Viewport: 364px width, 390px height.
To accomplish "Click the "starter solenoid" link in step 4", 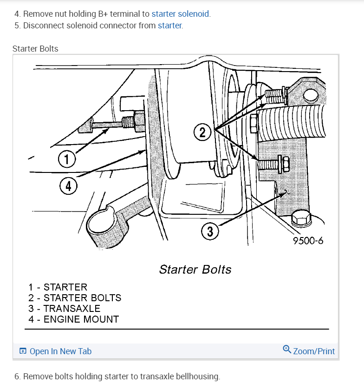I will (181, 14).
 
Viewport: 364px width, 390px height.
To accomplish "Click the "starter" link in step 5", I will (169, 26).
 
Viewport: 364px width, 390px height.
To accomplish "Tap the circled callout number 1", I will (67, 160).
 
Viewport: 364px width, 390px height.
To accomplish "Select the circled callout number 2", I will (202, 132).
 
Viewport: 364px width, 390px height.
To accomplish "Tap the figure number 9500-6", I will (308, 241).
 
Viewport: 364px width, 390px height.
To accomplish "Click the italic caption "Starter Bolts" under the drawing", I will (195, 270).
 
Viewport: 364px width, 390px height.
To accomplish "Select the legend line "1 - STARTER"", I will (58, 287).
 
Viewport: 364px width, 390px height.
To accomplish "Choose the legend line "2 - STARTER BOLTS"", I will (75, 298).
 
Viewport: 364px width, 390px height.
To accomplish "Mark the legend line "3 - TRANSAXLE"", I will (64, 309).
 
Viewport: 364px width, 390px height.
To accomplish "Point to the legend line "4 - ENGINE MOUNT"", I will (73, 319).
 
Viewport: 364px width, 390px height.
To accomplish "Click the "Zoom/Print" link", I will (314, 351).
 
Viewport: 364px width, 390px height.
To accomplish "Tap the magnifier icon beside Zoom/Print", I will (287, 350).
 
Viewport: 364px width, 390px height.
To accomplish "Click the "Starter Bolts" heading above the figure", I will (35, 49).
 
